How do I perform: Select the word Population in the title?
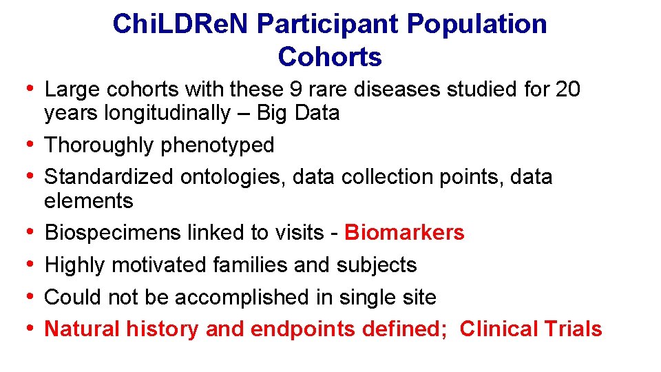(476, 24)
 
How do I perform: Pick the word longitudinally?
(167, 113)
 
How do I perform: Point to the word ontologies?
(233, 177)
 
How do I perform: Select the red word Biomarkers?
(404, 233)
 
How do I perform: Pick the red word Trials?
(573, 329)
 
